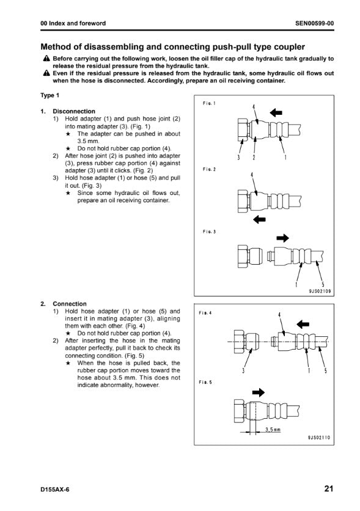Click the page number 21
[329, 488]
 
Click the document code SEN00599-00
[314, 23]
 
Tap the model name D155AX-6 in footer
[55, 490]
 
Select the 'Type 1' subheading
[50, 95]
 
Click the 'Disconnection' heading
[74, 111]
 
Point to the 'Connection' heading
[70, 304]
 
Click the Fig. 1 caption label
[209, 103]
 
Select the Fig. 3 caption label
[209, 232]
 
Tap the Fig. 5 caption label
[205, 382]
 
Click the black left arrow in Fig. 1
[276, 112]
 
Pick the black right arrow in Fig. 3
[283, 238]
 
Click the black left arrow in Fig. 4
[303, 324]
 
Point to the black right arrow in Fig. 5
[259, 392]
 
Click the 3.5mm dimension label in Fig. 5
[273, 430]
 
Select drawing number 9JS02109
[320, 291]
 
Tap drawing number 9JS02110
[319, 438]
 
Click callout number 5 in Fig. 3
[323, 284]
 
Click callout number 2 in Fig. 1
[254, 158]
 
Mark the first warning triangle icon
[46, 59]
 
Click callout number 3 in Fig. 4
[243, 370]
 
